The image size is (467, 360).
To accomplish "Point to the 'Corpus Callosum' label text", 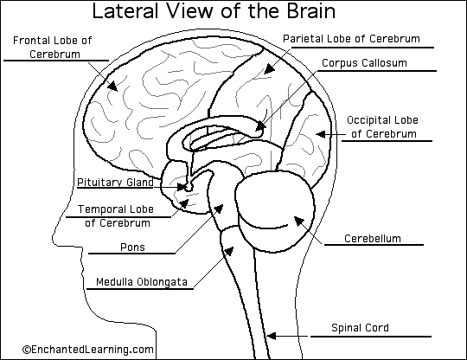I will [364, 64].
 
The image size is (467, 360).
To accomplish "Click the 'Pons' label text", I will [132, 247].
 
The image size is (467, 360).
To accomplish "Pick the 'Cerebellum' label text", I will [372, 238].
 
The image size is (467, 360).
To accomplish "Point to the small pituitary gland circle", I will [182, 186].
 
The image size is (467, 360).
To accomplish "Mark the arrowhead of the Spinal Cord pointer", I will [270, 334].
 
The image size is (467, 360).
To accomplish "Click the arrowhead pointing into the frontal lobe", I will [112, 86].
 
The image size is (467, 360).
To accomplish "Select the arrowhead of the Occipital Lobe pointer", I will [319, 133].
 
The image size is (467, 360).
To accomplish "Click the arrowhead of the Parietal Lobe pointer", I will [267, 68].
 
